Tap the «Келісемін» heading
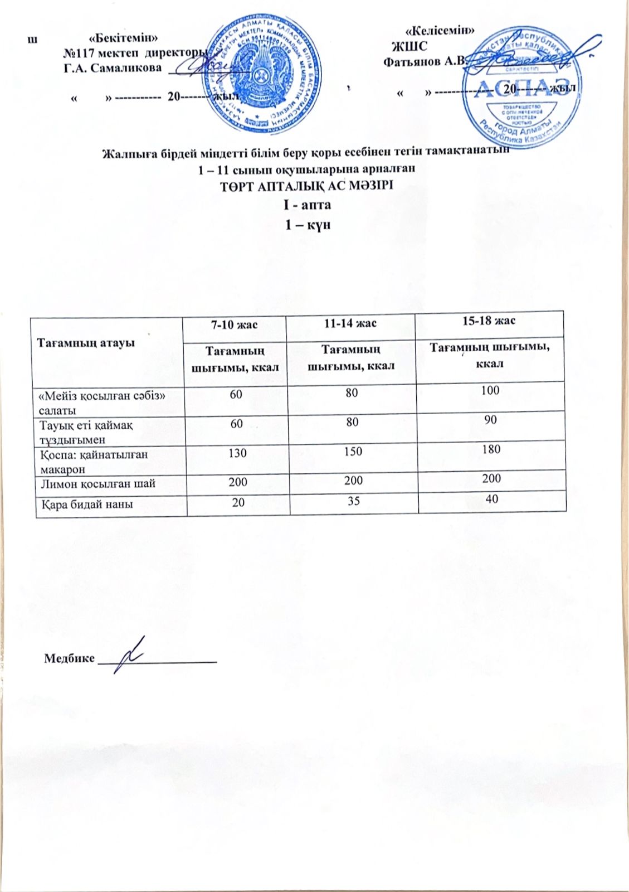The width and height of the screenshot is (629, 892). coord(440,31)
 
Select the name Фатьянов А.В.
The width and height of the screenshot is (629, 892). coord(424,61)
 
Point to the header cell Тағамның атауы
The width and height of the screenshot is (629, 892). coord(86,342)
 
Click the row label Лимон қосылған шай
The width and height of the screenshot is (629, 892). coord(97,483)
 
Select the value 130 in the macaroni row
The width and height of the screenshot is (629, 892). coord(237,453)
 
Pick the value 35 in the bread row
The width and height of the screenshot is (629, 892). coord(353,501)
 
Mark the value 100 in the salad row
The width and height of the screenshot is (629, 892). coord(490,390)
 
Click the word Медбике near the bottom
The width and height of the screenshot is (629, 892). coord(69,658)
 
